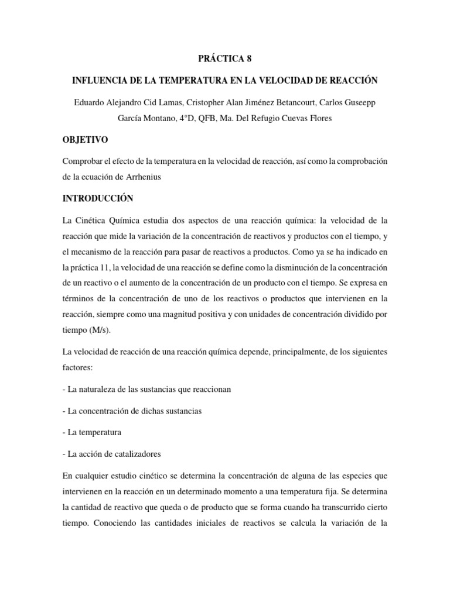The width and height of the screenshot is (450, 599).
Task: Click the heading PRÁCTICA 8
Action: (225, 59)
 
